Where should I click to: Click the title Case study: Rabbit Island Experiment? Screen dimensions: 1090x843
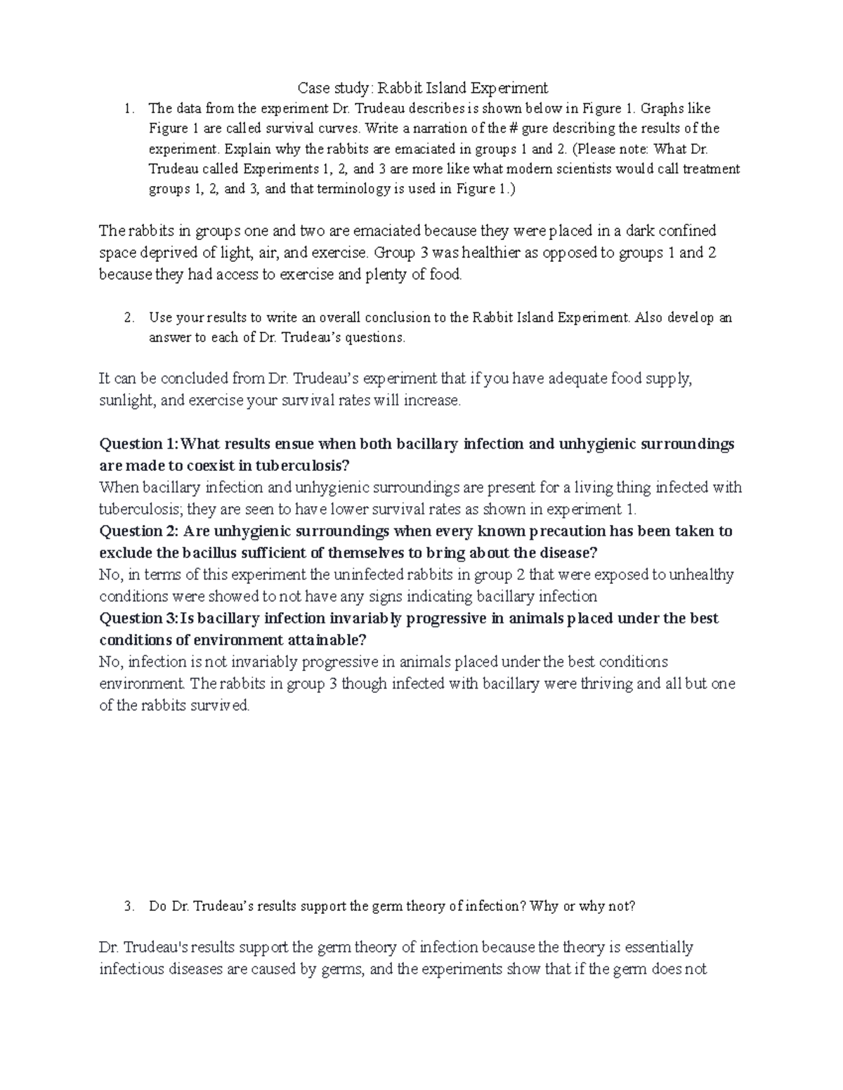tap(422, 88)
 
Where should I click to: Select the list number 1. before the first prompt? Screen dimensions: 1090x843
tap(127, 109)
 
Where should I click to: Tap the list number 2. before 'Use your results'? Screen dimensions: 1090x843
tap(127, 317)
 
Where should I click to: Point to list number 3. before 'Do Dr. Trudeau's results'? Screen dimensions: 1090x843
tap(127, 906)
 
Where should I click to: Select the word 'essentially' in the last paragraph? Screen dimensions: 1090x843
tap(659, 948)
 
